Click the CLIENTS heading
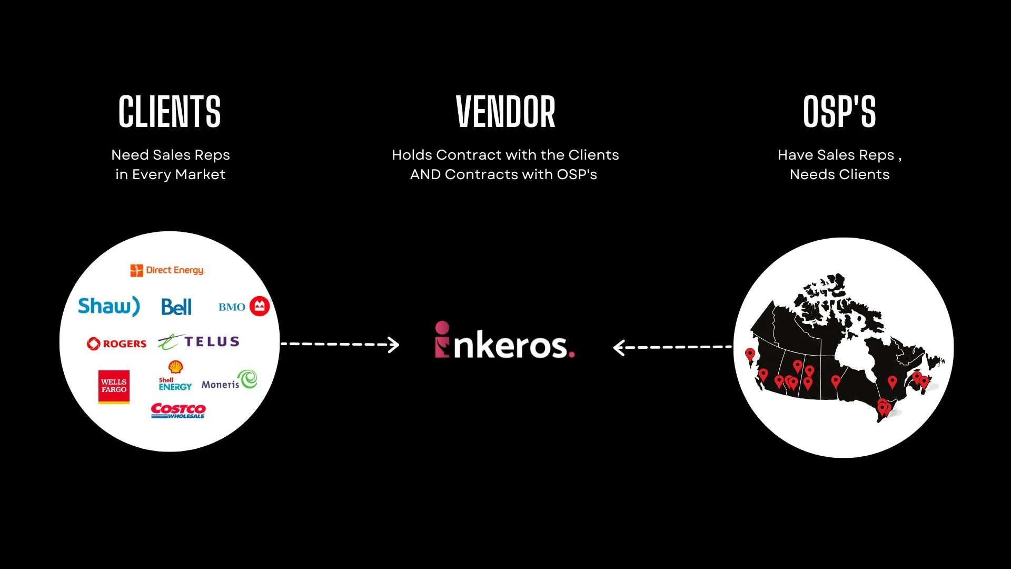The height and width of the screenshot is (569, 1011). pos(170,112)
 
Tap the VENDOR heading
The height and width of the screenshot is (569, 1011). pos(506,112)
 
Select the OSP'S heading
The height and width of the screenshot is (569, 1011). pos(839,112)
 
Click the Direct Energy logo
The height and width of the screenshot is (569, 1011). pos(167,270)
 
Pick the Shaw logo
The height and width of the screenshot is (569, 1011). pos(109,306)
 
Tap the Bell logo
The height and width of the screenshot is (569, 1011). pos(176,307)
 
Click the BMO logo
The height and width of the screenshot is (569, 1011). pos(244,307)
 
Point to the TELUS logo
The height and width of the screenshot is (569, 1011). pos(199,342)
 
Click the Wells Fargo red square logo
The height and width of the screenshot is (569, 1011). pos(114,387)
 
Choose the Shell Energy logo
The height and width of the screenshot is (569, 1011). pos(175,376)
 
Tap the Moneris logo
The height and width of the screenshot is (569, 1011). pos(229,380)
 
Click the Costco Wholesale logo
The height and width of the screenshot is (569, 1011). pos(178,411)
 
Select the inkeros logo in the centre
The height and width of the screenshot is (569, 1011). pos(504,341)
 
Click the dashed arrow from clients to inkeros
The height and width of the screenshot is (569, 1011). pos(340,345)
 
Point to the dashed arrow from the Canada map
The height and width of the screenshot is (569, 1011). pos(673,347)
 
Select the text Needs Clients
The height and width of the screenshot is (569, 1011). pos(839,174)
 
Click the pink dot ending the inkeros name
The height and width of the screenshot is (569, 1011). pos(571,355)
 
